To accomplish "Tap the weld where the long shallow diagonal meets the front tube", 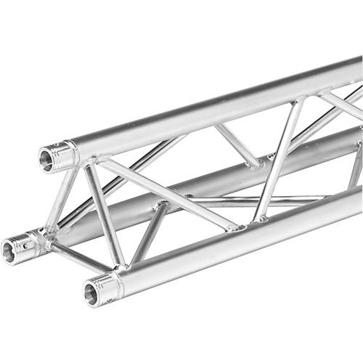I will pyautogui.click(x=234, y=228).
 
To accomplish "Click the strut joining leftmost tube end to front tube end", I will pyautogui.click(x=80, y=256).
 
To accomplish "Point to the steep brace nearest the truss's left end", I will pyautogui.click(x=104, y=214).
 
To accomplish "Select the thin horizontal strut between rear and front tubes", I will pyautogui.click(x=254, y=198).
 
